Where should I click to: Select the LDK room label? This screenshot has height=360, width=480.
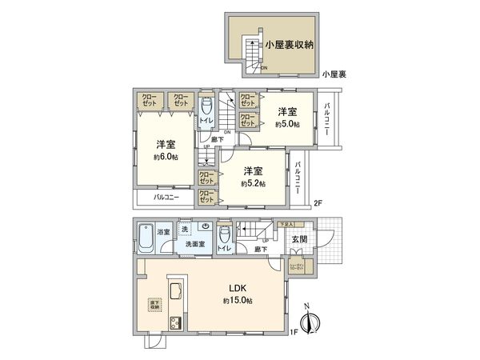[237, 288]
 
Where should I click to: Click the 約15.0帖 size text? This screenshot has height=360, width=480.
[238, 301]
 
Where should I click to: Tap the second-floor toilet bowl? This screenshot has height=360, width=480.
[206, 106]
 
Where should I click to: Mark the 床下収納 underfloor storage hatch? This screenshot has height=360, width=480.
[154, 304]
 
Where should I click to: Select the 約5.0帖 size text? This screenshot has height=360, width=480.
[287, 124]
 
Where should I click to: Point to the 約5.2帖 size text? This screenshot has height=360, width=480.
[254, 183]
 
